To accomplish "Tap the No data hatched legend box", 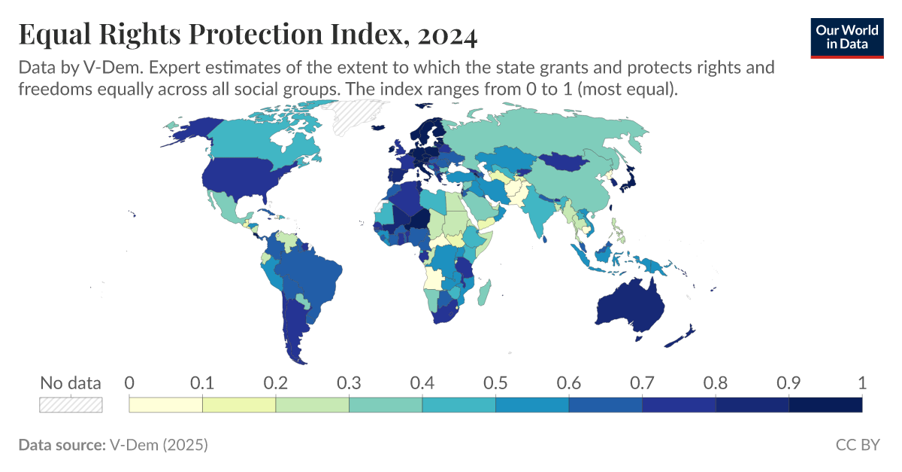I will click(71, 405).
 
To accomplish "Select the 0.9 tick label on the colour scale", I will click(788, 382).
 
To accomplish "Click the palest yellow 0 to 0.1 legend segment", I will click(166, 405).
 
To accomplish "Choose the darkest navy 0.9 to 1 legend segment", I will click(825, 405).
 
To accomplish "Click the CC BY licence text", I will click(857, 445).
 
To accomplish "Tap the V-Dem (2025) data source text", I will click(159, 445).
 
